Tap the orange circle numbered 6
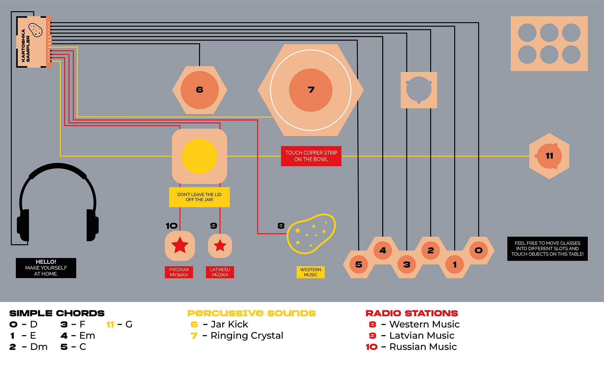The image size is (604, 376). coord(199,90)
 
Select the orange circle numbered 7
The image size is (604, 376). coord(310,90)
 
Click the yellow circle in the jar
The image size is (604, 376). coord(199,156)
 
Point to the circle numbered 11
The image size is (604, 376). coord(549,156)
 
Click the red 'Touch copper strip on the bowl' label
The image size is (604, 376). coord(311,156)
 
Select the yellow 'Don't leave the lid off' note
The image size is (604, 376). coord(199,197)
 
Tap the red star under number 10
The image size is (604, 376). coord(180,245)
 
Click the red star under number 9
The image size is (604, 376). coord(220,246)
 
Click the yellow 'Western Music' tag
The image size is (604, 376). coord(310,272)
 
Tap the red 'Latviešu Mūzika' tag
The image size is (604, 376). coord(220,272)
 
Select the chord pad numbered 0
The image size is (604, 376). coord(478,250)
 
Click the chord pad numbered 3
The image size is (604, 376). coord(407,264)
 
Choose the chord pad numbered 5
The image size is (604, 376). coord(359,264)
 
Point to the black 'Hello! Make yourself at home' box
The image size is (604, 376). coord(46,268)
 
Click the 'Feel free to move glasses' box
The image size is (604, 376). coord(547,249)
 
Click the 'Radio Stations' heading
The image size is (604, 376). coord(411,313)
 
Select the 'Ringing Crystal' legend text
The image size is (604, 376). coord(247,335)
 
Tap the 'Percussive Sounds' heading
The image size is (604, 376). coord(251,313)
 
